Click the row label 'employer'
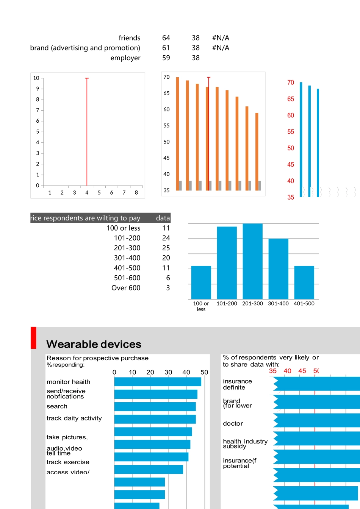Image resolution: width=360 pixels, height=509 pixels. (x=125, y=58)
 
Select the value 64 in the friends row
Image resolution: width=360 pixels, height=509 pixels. (x=166, y=38)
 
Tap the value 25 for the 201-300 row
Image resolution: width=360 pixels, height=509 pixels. (x=166, y=248)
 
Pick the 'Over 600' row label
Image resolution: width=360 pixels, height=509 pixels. (x=126, y=288)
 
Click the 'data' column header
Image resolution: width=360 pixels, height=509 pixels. (x=163, y=218)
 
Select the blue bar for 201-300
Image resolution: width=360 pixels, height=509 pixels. (x=252, y=261)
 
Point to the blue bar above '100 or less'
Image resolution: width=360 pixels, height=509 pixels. (x=201, y=282)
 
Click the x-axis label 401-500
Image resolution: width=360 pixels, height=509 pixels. (x=304, y=303)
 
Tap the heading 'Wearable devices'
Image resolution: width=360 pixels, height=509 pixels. (x=94, y=344)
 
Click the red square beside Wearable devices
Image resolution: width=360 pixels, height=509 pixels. (x=33, y=337)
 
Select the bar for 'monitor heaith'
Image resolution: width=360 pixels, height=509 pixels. (x=157, y=382)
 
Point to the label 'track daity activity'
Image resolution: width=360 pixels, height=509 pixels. (x=74, y=418)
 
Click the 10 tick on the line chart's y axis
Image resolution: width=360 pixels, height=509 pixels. (x=36, y=78)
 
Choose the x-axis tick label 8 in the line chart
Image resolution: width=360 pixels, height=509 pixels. (x=136, y=192)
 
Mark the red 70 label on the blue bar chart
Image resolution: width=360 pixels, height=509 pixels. (x=291, y=83)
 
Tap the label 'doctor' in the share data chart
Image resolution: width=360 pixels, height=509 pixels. (x=233, y=423)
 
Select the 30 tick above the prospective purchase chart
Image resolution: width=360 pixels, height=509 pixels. (x=168, y=372)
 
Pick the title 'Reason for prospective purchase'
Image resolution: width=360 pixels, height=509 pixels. (x=97, y=358)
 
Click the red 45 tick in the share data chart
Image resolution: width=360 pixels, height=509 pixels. (x=302, y=371)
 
